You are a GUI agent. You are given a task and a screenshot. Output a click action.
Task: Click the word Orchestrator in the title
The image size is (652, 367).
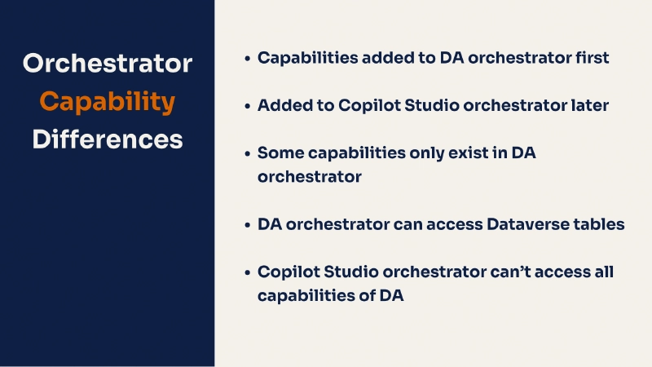pyautogui.click(x=108, y=63)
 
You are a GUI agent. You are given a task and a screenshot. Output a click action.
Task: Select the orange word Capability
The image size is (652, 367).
pyautogui.click(x=108, y=101)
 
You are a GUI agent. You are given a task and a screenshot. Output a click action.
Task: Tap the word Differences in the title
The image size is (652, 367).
pyautogui.click(x=108, y=139)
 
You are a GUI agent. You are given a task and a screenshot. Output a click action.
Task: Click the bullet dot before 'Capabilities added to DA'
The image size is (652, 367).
pyautogui.click(x=247, y=59)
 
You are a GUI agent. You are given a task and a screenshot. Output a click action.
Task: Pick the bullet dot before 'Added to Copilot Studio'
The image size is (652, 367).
pyautogui.click(x=247, y=106)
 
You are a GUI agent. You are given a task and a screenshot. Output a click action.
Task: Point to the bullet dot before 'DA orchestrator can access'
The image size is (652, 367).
pyautogui.click(x=247, y=224)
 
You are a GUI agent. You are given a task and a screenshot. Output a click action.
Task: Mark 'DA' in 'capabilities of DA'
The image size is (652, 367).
pyautogui.click(x=391, y=296)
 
